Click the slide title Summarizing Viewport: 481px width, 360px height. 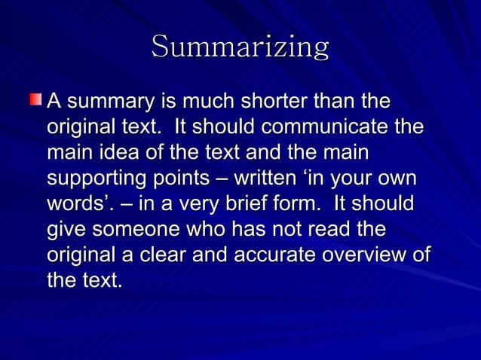pyautogui.click(x=240, y=47)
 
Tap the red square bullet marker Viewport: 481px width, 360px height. pyautogui.click(x=36, y=99)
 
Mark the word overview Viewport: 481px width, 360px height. pyautogui.click(x=366, y=255)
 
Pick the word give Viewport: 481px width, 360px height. pyautogui.click(x=65, y=230)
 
